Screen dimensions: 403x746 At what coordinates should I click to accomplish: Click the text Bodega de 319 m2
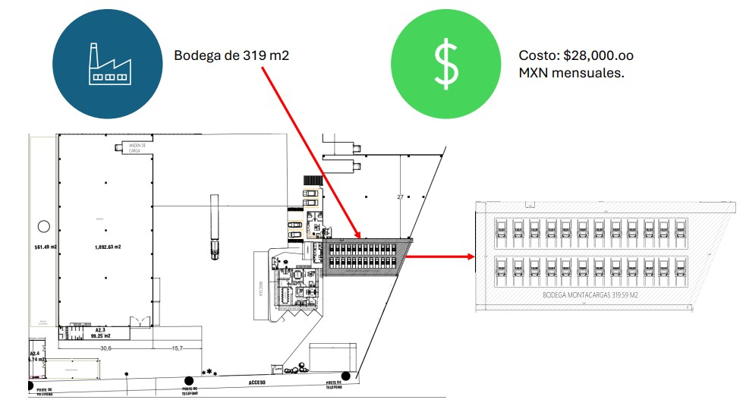click(231, 55)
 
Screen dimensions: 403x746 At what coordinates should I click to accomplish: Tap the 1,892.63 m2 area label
click(109, 246)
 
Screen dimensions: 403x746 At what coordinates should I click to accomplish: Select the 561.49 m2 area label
click(45, 247)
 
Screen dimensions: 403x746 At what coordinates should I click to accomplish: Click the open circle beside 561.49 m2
click(44, 225)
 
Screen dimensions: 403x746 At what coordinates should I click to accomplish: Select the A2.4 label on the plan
click(34, 354)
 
